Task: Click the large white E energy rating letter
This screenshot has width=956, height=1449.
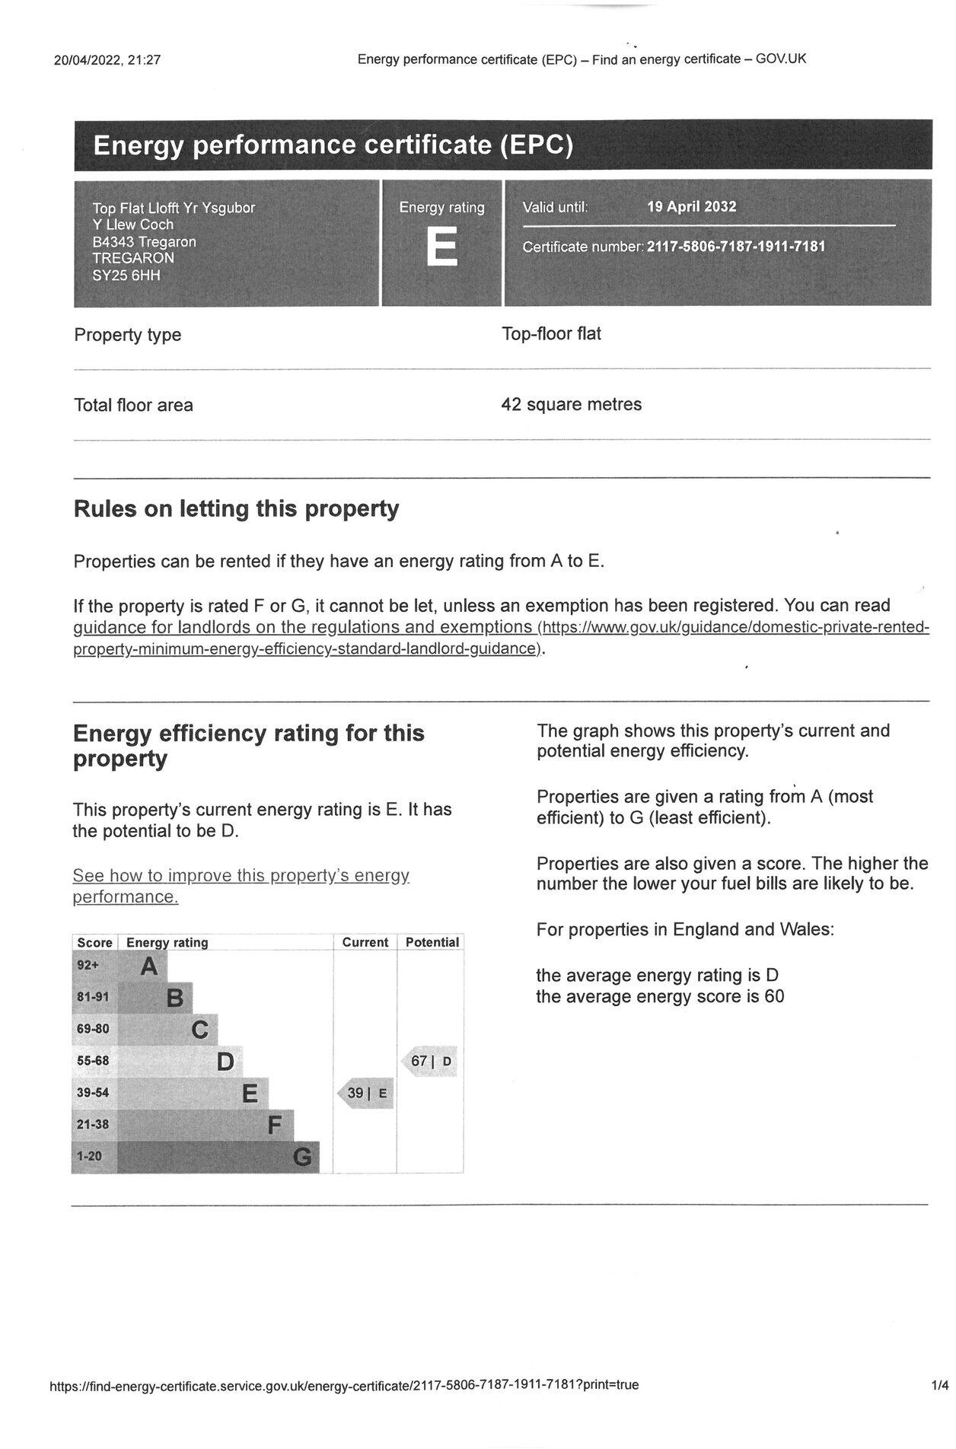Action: (x=441, y=247)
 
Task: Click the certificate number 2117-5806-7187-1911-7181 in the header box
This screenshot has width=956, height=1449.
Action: (x=736, y=247)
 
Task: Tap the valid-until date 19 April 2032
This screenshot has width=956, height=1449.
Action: (x=691, y=207)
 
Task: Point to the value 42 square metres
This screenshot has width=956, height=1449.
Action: (x=571, y=404)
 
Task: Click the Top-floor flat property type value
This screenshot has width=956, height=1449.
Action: (x=551, y=334)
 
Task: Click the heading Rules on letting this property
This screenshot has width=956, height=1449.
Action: (x=236, y=508)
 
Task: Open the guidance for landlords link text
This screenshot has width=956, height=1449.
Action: (x=302, y=628)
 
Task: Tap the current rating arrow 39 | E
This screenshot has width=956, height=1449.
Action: (x=366, y=1094)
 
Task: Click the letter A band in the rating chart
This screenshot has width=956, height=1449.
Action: (x=149, y=967)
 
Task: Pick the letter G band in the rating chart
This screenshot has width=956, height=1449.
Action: (x=302, y=1157)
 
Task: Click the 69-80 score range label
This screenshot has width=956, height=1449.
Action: (x=93, y=1029)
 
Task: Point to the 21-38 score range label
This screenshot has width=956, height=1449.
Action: (x=93, y=1124)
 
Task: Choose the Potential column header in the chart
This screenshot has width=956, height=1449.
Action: (x=432, y=942)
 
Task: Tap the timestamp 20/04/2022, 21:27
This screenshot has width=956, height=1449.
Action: (x=107, y=60)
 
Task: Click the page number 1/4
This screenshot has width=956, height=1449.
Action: (x=939, y=1385)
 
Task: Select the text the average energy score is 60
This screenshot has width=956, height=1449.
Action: (x=659, y=997)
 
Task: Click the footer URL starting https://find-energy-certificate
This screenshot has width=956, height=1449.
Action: (x=344, y=1385)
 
